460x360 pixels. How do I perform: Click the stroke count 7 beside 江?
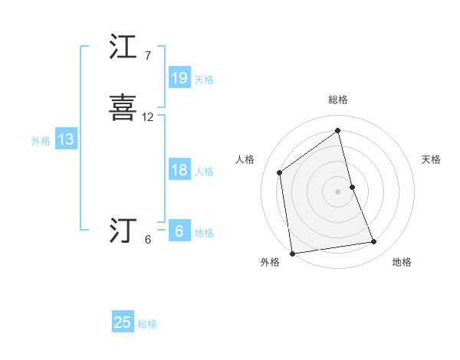coord(147,56)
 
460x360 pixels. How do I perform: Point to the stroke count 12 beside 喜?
coord(148,117)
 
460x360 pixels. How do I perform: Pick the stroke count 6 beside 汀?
coord(148,239)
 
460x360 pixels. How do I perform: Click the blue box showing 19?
coord(179,77)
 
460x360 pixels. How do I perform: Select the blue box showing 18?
coord(179,170)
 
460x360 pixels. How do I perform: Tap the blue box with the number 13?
coord(65,139)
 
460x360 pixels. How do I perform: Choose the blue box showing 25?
coord(123,322)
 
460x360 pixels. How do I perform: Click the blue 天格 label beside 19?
coord(204,79)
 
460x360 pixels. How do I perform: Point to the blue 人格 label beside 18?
coord(204,172)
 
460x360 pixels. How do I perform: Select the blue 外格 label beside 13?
coord(41,141)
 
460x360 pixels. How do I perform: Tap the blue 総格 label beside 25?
coord(147,324)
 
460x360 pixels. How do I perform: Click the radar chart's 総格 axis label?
coord(337,100)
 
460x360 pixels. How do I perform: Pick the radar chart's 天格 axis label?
coord(431,159)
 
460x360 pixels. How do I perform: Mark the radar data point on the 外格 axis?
coord(291,253)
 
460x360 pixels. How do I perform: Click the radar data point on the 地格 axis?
coord(374,242)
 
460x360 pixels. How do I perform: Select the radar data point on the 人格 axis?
coord(280,172)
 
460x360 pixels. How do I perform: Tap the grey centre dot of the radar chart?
coord(337,191)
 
